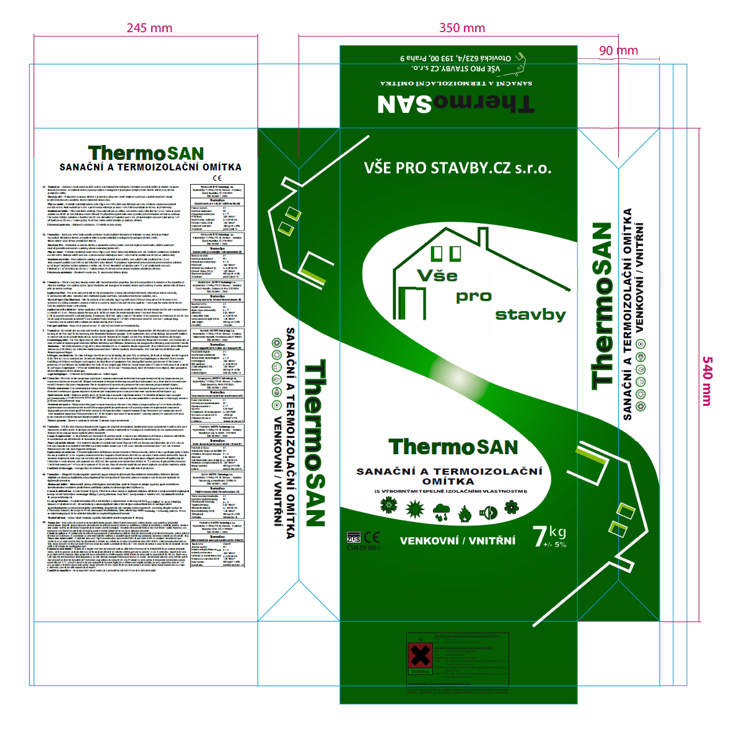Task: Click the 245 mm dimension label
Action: point(149,28)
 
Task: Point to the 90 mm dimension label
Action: point(618,51)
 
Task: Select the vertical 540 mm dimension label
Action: point(707,380)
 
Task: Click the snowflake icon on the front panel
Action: point(388,506)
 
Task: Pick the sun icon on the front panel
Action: point(414,509)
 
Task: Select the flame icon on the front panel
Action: point(465,513)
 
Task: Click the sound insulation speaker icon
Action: point(489,512)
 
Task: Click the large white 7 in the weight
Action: point(540,537)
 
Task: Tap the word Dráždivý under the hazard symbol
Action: point(421,672)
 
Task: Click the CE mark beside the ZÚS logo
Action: point(372,537)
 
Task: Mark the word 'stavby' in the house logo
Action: point(530,315)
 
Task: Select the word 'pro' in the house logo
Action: point(473,296)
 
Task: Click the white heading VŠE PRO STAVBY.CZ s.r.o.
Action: point(457,168)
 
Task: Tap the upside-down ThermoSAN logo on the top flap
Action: point(455,103)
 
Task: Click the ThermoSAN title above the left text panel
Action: point(146,153)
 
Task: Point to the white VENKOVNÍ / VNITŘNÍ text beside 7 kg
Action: point(457,541)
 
